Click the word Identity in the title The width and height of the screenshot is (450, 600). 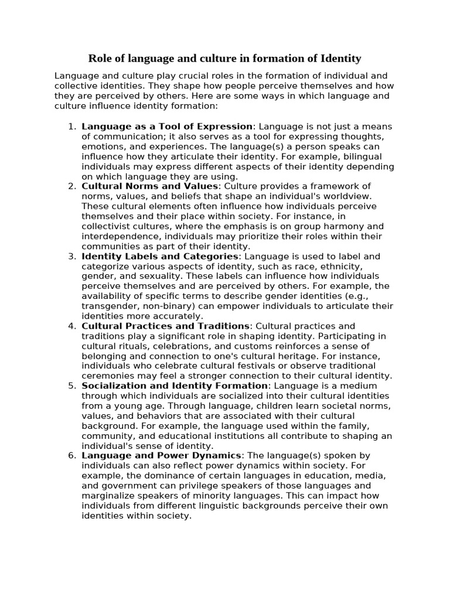point(341,58)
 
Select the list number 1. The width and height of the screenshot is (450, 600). point(72,127)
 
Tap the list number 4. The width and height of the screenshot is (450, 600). point(72,326)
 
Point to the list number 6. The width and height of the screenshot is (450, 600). point(72,455)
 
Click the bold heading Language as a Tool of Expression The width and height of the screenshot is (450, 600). point(167,127)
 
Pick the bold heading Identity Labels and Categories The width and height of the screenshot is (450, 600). point(160,256)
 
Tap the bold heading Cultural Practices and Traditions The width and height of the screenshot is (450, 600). point(166,326)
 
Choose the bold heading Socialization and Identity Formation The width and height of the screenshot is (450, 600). point(175,386)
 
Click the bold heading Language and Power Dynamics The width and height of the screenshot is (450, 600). point(161,455)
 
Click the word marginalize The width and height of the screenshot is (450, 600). point(110,495)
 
